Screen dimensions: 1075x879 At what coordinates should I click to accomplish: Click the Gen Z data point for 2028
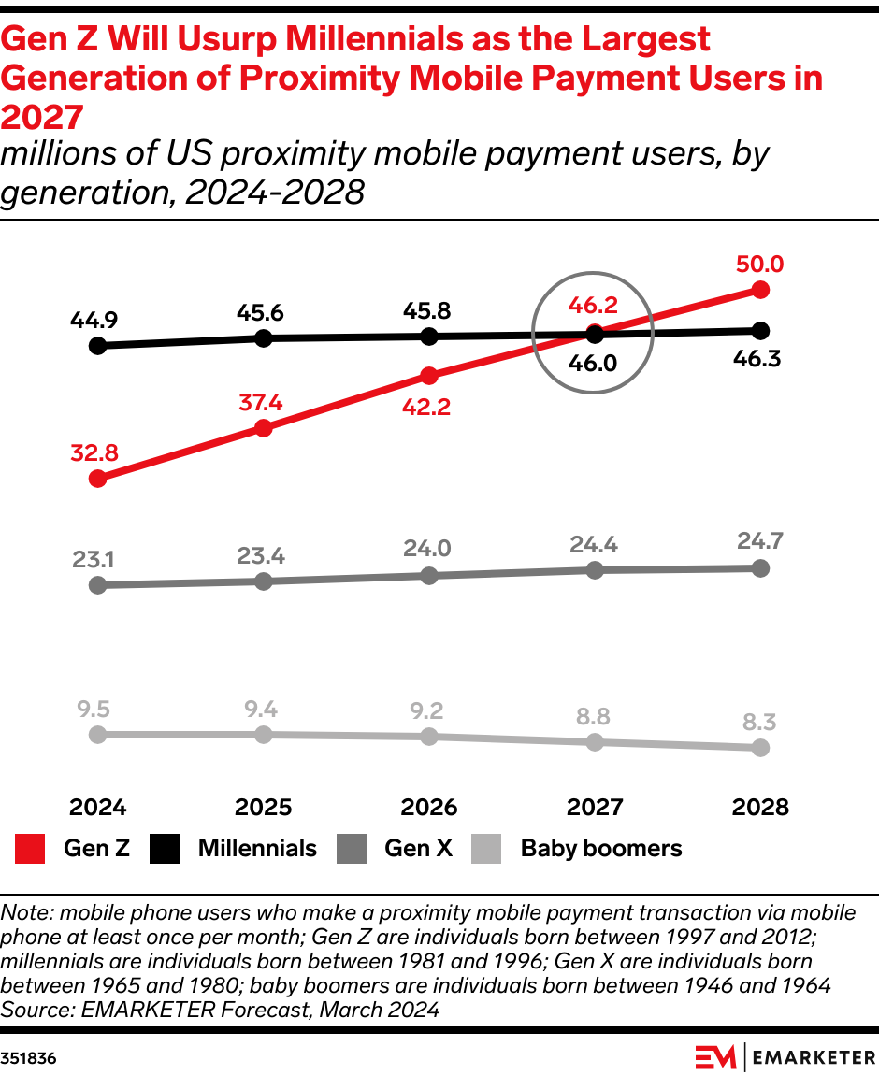(760, 290)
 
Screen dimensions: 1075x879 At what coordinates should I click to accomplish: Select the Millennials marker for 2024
(96, 346)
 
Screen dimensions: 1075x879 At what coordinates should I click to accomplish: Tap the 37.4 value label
(263, 403)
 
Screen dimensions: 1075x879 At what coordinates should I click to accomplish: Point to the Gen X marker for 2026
(429, 576)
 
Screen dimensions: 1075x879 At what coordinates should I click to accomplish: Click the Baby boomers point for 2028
(760, 748)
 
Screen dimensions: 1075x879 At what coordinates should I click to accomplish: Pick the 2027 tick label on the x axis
(595, 807)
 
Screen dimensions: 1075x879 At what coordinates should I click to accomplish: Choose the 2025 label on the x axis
(263, 807)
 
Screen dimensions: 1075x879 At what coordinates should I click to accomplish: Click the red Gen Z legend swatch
(30, 849)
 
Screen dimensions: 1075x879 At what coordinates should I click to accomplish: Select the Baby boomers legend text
(600, 849)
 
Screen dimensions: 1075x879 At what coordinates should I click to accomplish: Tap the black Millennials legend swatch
(165, 849)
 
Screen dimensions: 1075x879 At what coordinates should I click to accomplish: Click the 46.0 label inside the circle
(594, 363)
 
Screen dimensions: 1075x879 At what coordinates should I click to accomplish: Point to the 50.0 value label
(759, 265)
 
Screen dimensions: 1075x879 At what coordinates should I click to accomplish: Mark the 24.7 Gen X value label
(759, 540)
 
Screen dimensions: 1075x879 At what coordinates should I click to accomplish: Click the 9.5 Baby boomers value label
(96, 708)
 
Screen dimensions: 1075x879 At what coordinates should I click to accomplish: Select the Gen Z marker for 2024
(96, 479)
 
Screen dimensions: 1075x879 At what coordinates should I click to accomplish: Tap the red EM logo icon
(715, 1057)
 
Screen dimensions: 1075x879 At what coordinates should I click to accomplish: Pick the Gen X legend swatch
(351, 849)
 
